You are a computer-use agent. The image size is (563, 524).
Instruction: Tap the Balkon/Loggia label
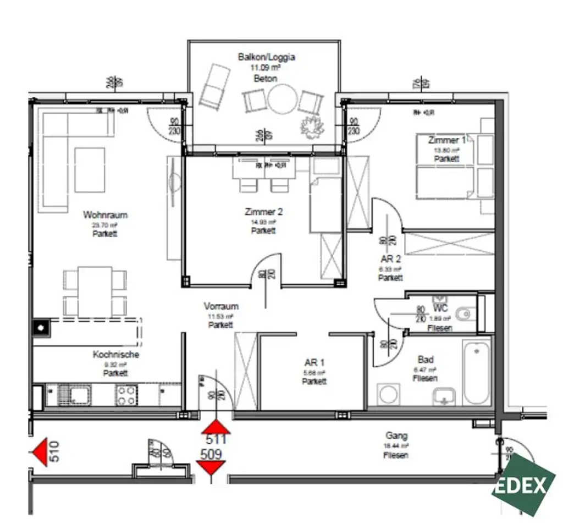(x=266, y=57)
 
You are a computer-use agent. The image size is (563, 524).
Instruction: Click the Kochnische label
(x=115, y=355)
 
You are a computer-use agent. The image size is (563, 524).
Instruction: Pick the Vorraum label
(x=221, y=307)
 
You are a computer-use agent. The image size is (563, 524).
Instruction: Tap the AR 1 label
(x=314, y=363)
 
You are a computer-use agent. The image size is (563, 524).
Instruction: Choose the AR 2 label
(x=390, y=258)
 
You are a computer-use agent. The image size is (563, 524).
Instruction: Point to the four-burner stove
(x=126, y=394)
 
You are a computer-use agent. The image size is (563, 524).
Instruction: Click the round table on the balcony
(x=282, y=100)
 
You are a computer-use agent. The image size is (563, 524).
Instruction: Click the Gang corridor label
(x=396, y=436)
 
